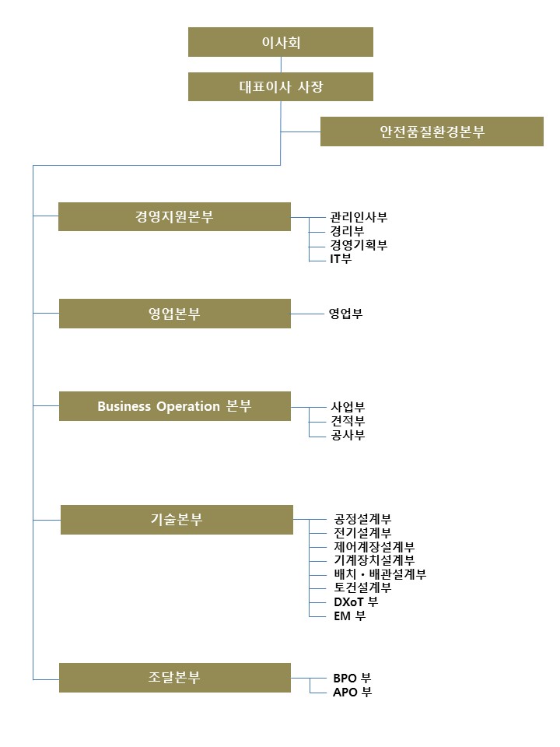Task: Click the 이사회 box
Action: click(x=281, y=42)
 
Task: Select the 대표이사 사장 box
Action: click(x=281, y=86)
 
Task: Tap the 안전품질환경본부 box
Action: click(x=432, y=132)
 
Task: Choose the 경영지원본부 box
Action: click(x=174, y=217)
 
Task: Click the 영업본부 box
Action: click(x=175, y=314)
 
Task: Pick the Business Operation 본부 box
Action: click(x=175, y=406)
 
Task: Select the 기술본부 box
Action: click(x=177, y=520)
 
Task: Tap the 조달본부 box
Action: click(x=175, y=678)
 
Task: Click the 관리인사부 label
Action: click(x=359, y=217)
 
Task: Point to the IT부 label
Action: click(x=341, y=258)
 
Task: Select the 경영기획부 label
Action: click(x=359, y=245)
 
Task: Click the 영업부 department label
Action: click(x=345, y=314)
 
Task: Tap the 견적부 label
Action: click(x=348, y=421)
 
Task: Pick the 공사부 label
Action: click(x=348, y=434)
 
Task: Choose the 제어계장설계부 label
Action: click(x=374, y=546)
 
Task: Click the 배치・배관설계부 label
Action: click(x=380, y=574)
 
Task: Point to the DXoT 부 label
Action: click(x=356, y=601)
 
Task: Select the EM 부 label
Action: click(x=350, y=616)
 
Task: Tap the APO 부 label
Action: click(x=352, y=692)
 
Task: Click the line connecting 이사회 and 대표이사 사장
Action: click(x=281, y=65)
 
